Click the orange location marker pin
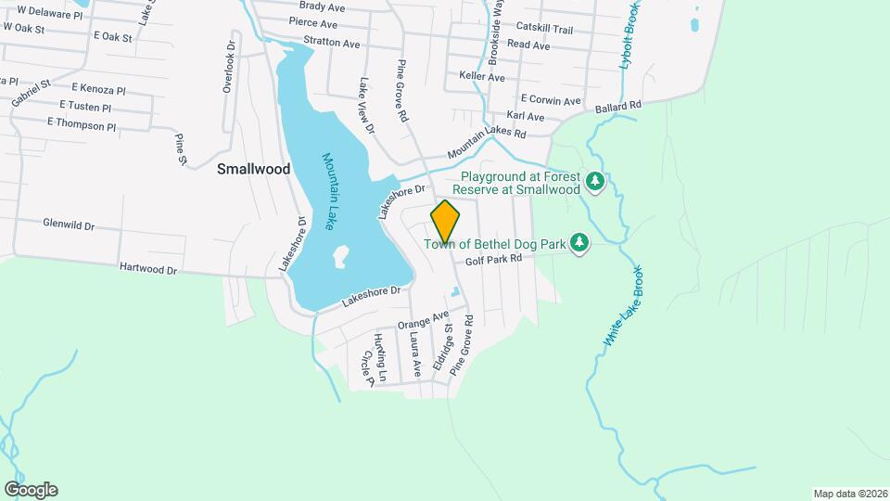(445, 221)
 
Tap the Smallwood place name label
(253, 169)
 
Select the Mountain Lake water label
(329, 191)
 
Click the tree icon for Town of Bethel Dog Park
(579, 243)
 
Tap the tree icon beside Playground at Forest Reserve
(595, 182)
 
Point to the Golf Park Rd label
(494, 260)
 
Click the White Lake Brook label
(623, 308)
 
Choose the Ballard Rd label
(618, 107)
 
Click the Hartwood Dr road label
(148, 268)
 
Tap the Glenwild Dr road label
(70, 224)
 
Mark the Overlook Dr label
(228, 66)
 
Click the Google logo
(31, 489)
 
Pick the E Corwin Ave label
(550, 99)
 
